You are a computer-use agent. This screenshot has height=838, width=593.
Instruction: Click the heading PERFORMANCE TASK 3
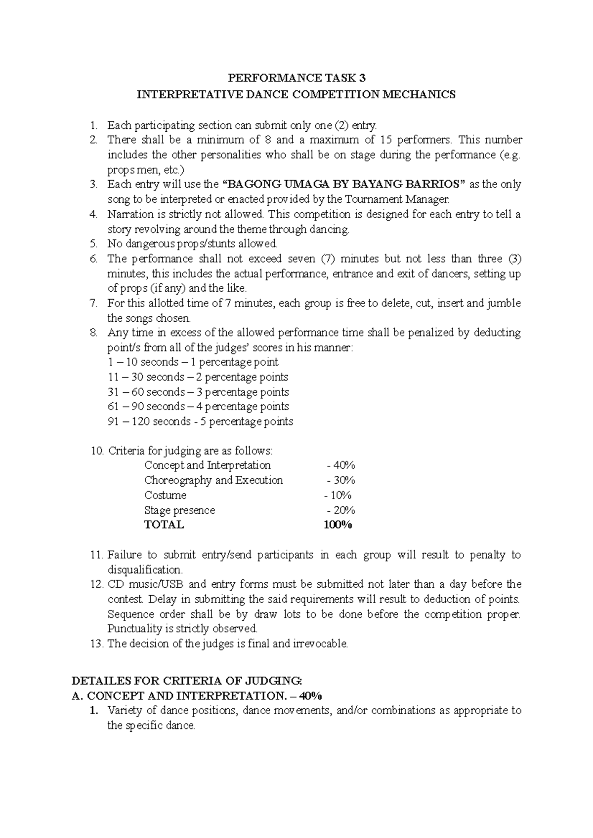(296, 78)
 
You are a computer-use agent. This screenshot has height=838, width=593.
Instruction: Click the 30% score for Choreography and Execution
(341, 480)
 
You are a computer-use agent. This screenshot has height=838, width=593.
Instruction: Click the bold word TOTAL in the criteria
(164, 525)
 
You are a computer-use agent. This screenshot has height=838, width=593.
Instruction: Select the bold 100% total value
(338, 525)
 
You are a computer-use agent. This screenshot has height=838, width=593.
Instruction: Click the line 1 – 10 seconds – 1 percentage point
(193, 362)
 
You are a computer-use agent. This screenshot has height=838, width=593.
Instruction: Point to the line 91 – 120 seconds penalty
(200, 421)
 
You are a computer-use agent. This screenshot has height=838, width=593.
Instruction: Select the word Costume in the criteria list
(165, 495)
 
